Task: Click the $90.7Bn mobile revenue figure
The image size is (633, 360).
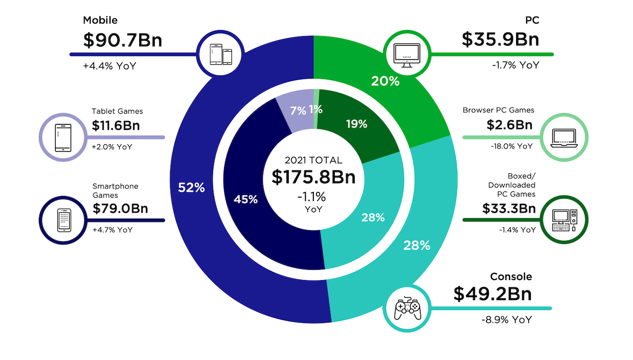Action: tap(122, 40)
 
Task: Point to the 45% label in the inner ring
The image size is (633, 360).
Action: tap(246, 200)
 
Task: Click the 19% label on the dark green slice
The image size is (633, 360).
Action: tap(356, 124)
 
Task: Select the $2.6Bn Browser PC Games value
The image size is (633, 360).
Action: tap(509, 125)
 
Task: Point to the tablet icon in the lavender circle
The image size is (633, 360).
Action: tap(62, 137)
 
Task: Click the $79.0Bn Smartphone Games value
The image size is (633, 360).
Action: tap(120, 208)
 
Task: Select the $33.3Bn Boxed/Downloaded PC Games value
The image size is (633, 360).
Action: tap(509, 209)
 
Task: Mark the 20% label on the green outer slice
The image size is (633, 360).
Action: tap(385, 81)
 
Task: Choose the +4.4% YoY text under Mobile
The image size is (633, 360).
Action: tap(110, 66)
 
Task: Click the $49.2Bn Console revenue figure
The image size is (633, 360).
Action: tap(492, 294)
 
